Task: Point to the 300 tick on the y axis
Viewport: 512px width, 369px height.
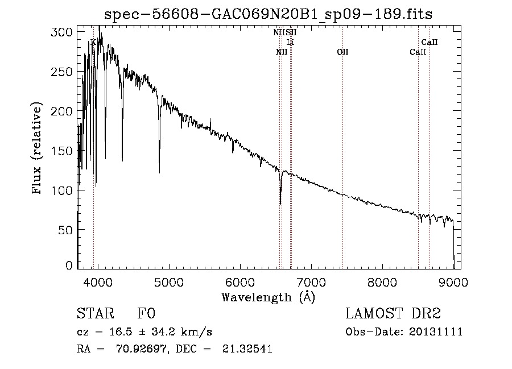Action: click(x=65, y=32)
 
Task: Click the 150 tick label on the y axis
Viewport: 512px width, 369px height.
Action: click(x=65, y=151)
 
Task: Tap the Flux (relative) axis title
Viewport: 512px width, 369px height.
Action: click(x=38, y=149)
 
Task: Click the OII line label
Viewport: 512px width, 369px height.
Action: click(x=342, y=52)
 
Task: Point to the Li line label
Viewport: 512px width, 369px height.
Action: click(x=290, y=43)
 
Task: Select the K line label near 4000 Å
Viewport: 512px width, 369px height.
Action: click(x=93, y=42)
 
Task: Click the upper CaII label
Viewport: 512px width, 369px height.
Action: click(x=429, y=42)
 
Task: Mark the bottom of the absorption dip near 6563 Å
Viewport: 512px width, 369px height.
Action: click(x=280, y=203)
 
